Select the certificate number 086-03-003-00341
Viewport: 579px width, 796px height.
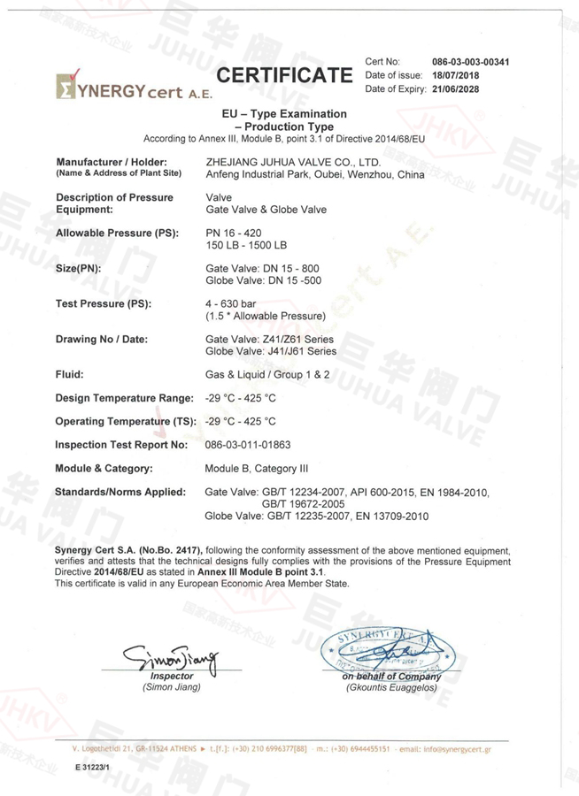tap(470, 62)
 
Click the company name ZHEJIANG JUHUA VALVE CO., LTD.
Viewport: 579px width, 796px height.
tap(293, 163)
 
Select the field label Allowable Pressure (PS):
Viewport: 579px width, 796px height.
tap(117, 233)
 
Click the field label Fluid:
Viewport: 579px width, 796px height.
tap(70, 374)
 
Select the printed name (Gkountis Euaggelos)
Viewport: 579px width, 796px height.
tap(391, 687)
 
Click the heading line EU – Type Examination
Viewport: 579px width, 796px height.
tap(284, 114)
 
